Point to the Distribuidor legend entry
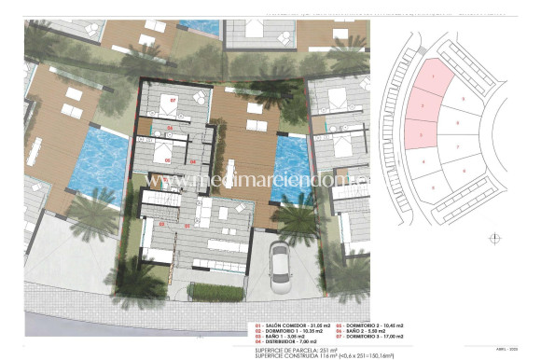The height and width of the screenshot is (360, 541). point(284,342)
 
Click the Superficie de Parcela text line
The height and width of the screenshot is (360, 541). point(293,349)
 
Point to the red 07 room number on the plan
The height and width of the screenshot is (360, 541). point(173,100)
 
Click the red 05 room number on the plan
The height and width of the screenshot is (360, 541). point(168,159)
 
